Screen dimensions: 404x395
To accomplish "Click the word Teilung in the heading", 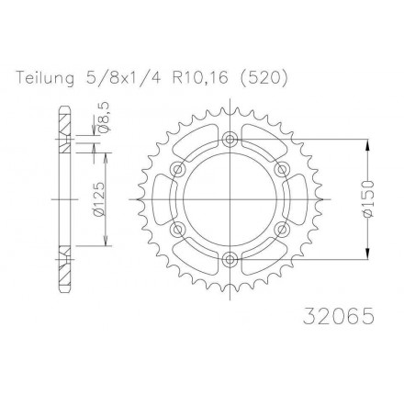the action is (x=45, y=78).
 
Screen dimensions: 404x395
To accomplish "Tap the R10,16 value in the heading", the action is (x=200, y=78).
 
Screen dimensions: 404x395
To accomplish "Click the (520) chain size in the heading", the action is (x=263, y=78).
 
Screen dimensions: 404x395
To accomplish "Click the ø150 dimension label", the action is (x=369, y=199).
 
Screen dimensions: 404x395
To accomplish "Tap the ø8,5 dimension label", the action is (x=103, y=118).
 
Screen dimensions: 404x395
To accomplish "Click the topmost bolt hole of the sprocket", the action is (x=230, y=140).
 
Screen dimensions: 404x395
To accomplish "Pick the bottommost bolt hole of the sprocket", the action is (x=230, y=259).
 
